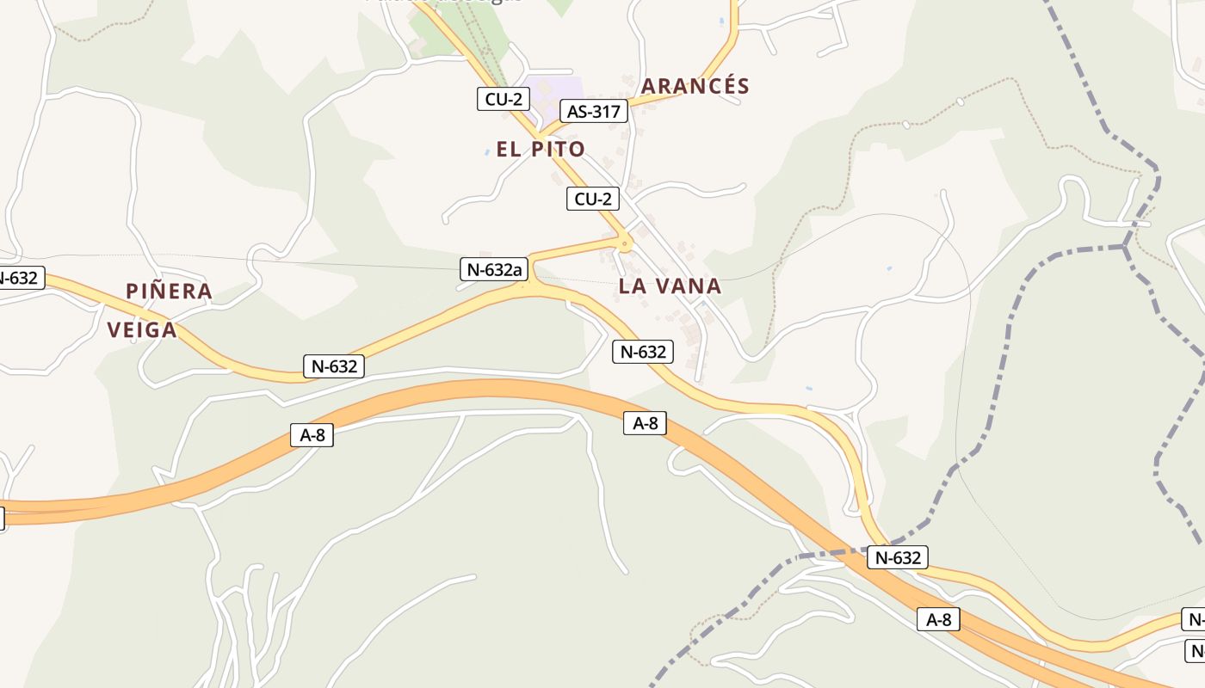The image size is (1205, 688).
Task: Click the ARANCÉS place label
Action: click(x=695, y=86)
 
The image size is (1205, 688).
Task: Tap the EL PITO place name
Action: click(x=541, y=149)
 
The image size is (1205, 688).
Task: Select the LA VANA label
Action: click(x=670, y=286)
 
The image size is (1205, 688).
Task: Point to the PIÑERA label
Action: click(x=169, y=291)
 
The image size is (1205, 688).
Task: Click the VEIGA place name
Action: click(x=142, y=329)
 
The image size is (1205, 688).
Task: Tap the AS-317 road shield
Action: click(x=594, y=110)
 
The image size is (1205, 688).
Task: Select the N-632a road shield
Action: click(x=493, y=269)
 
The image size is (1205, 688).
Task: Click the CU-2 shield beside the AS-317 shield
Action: click(x=504, y=99)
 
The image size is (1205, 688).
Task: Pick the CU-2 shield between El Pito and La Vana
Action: click(x=593, y=199)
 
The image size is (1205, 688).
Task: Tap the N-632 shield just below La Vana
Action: click(x=642, y=351)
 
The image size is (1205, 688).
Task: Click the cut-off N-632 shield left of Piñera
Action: click(x=19, y=278)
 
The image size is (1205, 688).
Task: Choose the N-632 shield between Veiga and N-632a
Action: click(x=334, y=365)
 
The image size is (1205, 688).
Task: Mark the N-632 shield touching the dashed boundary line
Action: click(x=898, y=557)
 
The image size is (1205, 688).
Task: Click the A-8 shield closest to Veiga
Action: click(x=312, y=435)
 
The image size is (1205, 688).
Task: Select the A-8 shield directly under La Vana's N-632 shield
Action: click(x=645, y=422)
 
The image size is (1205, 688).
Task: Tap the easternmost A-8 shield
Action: click(x=938, y=618)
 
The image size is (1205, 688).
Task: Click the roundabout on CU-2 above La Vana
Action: click(x=624, y=244)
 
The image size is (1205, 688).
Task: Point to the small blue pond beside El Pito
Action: click(x=487, y=152)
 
